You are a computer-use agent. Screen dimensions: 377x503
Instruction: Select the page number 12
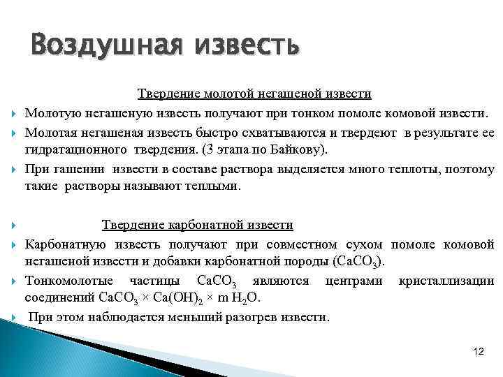(479, 350)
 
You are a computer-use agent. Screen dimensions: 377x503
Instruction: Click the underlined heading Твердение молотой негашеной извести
(254, 94)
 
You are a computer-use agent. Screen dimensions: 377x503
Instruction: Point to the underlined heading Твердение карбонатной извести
(197, 225)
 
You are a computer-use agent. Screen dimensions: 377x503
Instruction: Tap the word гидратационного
(67, 150)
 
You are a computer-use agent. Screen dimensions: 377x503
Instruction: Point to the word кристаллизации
(446, 281)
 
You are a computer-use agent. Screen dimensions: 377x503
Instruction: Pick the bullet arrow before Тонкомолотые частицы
(14, 281)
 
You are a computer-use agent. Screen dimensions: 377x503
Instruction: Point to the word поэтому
(469, 169)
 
